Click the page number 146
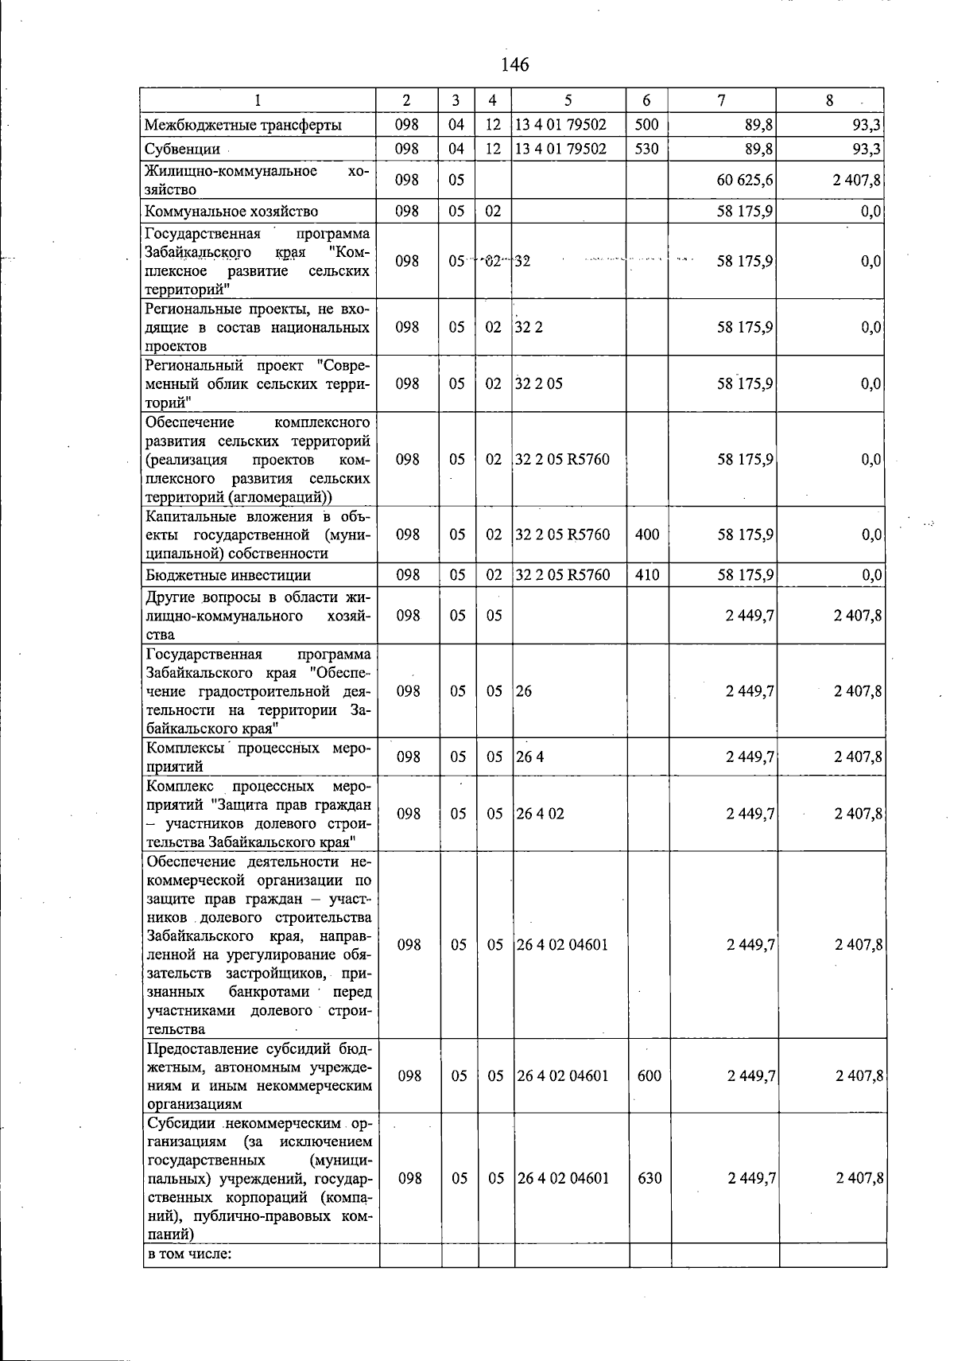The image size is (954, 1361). coord(514,64)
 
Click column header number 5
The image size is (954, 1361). coord(568,100)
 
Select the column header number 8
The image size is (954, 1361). coord(829,100)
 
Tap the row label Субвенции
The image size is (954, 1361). coord(182,149)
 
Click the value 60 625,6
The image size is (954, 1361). coord(745,181)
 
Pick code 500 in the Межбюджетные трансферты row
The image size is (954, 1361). coord(646,125)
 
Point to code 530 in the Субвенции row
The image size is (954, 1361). coord(646,149)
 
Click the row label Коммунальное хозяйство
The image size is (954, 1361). coord(231,211)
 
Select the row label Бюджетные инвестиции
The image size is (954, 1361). coord(228,575)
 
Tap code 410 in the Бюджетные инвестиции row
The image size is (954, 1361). coord(647,575)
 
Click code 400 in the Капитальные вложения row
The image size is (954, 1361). coord(647,535)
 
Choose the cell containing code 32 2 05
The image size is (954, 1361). coord(539,383)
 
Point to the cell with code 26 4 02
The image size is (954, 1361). coord(541,814)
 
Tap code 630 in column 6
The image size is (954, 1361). coord(650,1178)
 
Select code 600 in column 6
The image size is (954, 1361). coord(650,1075)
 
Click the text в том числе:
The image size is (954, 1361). coord(189,1254)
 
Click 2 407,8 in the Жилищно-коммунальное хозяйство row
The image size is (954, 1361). coord(856,181)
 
